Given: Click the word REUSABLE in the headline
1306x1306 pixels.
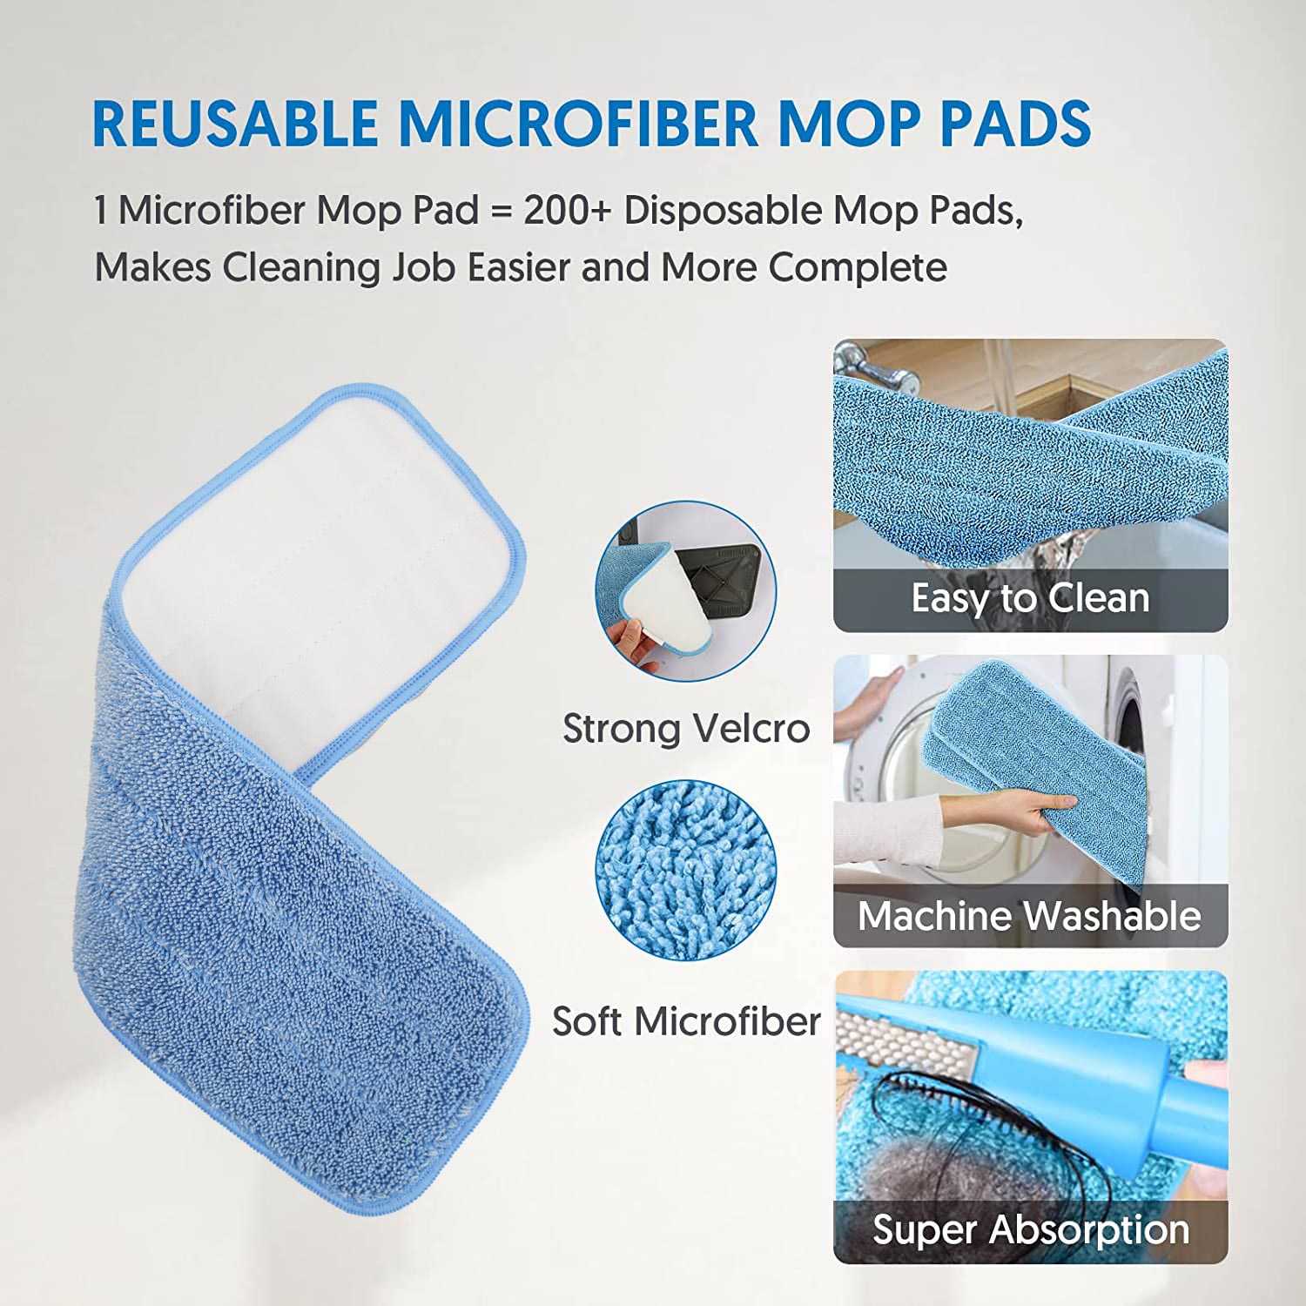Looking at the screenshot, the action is [x=235, y=123].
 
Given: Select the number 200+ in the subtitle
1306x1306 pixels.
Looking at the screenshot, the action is [x=565, y=211].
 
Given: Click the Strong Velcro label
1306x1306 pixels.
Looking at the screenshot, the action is [x=686, y=729].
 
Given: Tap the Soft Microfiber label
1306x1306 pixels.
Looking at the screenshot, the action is [x=686, y=1021].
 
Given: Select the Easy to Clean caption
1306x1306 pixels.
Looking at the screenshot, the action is [x=1030, y=599].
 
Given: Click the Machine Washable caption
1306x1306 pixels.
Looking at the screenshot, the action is [x=1029, y=916].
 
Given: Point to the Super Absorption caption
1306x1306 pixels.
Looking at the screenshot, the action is [x=1031, y=1230].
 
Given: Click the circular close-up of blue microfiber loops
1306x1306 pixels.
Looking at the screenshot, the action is [x=685, y=871].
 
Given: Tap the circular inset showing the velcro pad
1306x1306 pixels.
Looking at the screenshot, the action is [x=685, y=591].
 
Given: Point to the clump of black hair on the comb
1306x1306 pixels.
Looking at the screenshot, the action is [x=975, y=1132].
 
